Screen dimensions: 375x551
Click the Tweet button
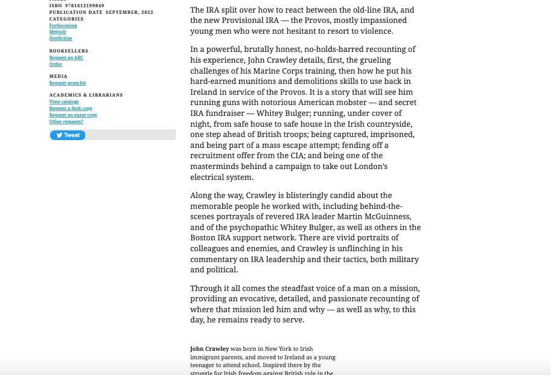[x=68, y=135]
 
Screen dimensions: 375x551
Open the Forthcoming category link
[x=63, y=25]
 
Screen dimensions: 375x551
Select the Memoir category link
[x=58, y=32]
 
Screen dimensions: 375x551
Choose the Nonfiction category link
[x=61, y=39]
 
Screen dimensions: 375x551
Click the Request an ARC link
[x=66, y=57]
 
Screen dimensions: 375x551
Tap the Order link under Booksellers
[x=56, y=64]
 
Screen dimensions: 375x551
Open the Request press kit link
[x=68, y=83]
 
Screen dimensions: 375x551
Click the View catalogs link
[x=64, y=101]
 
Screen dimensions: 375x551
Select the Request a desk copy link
[x=71, y=108]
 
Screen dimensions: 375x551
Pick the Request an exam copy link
[x=73, y=115]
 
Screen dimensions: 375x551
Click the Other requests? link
[x=66, y=121]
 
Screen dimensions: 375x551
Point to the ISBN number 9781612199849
[x=84, y=5]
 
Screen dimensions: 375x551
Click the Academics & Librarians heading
[x=86, y=95]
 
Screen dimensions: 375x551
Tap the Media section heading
[x=59, y=76]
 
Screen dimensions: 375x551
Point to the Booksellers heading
[x=69, y=51]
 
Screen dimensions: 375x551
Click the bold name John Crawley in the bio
[x=209, y=348]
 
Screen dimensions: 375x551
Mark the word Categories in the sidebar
[x=66, y=19]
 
